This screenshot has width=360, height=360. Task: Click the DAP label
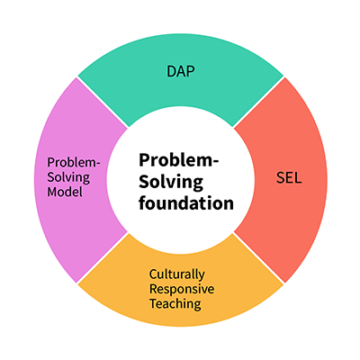pyautogui.click(x=181, y=71)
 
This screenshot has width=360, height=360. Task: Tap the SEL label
pyautogui.click(x=289, y=178)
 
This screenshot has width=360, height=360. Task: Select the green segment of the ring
pyautogui.click(x=181, y=75)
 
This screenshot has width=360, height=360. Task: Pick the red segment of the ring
pyautogui.click(x=285, y=180)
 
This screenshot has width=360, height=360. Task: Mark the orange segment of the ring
pyautogui.click(x=181, y=288)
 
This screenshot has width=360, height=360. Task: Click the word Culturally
pyautogui.click(x=177, y=274)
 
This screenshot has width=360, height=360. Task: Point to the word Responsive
pyautogui.click(x=182, y=289)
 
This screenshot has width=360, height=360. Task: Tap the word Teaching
pyautogui.click(x=175, y=303)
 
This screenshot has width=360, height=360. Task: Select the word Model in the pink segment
pyautogui.click(x=65, y=192)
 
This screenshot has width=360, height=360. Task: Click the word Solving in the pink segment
pyautogui.click(x=68, y=177)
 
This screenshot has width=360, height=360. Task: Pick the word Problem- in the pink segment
pyautogui.click(x=74, y=163)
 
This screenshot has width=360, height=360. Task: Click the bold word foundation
pyautogui.click(x=186, y=202)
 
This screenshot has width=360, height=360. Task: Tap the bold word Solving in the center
pyautogui.click(x=171, y=182)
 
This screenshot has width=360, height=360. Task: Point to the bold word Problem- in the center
pyautogui.click(x=179, y=160)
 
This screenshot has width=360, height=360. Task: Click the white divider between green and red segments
pyautogui.click(x=258, y=102)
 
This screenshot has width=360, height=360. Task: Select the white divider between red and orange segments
pyautogui.click(x=258, y=258)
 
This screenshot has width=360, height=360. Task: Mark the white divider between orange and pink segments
pyautogui.click(x=103, y=258)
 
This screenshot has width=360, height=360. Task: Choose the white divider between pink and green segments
pyautogui.click(x=103, y=102)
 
